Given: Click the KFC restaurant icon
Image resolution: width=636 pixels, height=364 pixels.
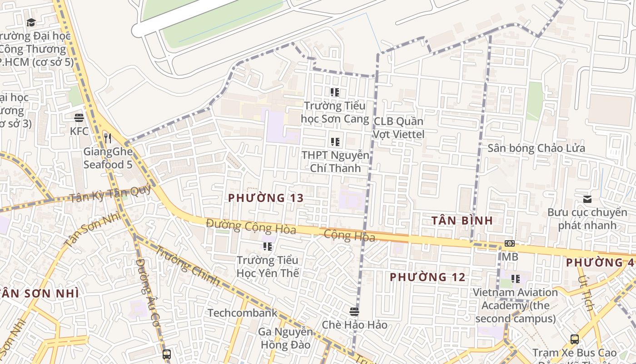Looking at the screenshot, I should (79, 118).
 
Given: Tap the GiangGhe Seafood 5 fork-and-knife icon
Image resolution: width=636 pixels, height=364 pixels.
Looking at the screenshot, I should (108, 138).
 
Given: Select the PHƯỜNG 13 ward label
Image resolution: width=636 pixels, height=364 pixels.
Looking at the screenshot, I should (266, 198).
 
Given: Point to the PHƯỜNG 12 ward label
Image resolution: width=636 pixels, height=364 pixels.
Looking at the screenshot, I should (427, 277).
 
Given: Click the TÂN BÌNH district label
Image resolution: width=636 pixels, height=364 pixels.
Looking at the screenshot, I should (462, 221).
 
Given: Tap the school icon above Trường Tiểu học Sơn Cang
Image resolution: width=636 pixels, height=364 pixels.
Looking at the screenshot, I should (335, 93).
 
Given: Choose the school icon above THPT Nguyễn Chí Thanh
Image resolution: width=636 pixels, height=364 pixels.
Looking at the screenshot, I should (335, 142).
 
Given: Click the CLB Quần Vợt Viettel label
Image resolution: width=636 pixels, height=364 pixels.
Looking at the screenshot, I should (398, 128).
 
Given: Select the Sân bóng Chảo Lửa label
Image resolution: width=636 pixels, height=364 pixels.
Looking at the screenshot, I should (536, 148).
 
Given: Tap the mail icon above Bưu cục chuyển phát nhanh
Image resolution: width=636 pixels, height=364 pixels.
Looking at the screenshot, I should (587, 199).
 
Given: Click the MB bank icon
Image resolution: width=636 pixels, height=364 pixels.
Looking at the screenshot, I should (510, 244).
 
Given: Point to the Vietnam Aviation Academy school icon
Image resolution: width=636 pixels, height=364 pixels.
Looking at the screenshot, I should (515, 278).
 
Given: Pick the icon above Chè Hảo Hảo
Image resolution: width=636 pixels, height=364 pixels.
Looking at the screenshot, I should (354, 312).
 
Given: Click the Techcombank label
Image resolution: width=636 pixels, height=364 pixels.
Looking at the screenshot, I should (242, 313).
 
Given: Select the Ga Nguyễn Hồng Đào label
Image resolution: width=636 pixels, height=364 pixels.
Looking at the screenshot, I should (286, 338).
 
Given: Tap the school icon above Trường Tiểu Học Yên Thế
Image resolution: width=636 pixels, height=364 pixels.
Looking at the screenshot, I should (268, 247).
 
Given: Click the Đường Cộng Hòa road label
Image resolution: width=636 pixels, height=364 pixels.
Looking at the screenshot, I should (251, 226).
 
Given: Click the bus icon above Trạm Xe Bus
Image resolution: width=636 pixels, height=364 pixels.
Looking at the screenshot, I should (575, 339).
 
